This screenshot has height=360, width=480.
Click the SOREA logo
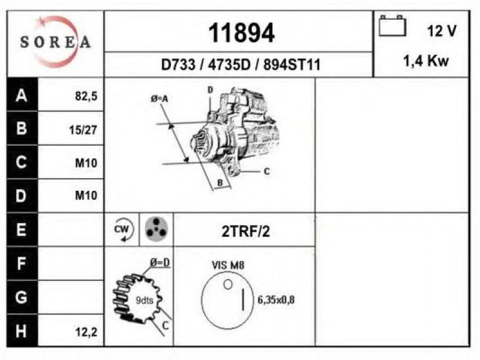(x=55, y=41)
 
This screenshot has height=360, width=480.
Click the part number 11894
(x=241, y=33)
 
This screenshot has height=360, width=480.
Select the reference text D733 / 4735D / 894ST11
(x=241, y=65)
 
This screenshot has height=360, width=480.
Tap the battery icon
(x=392, y=26)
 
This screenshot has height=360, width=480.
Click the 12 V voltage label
(x=442, y=31)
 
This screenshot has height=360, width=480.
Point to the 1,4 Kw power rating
(x=426, y=61)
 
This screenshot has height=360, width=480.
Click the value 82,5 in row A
(x=86, y=96)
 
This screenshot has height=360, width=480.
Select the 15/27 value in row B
(x=83, y=130)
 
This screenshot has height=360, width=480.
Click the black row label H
(x=22, y=331)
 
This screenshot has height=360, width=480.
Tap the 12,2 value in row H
(x=86, y=332)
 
